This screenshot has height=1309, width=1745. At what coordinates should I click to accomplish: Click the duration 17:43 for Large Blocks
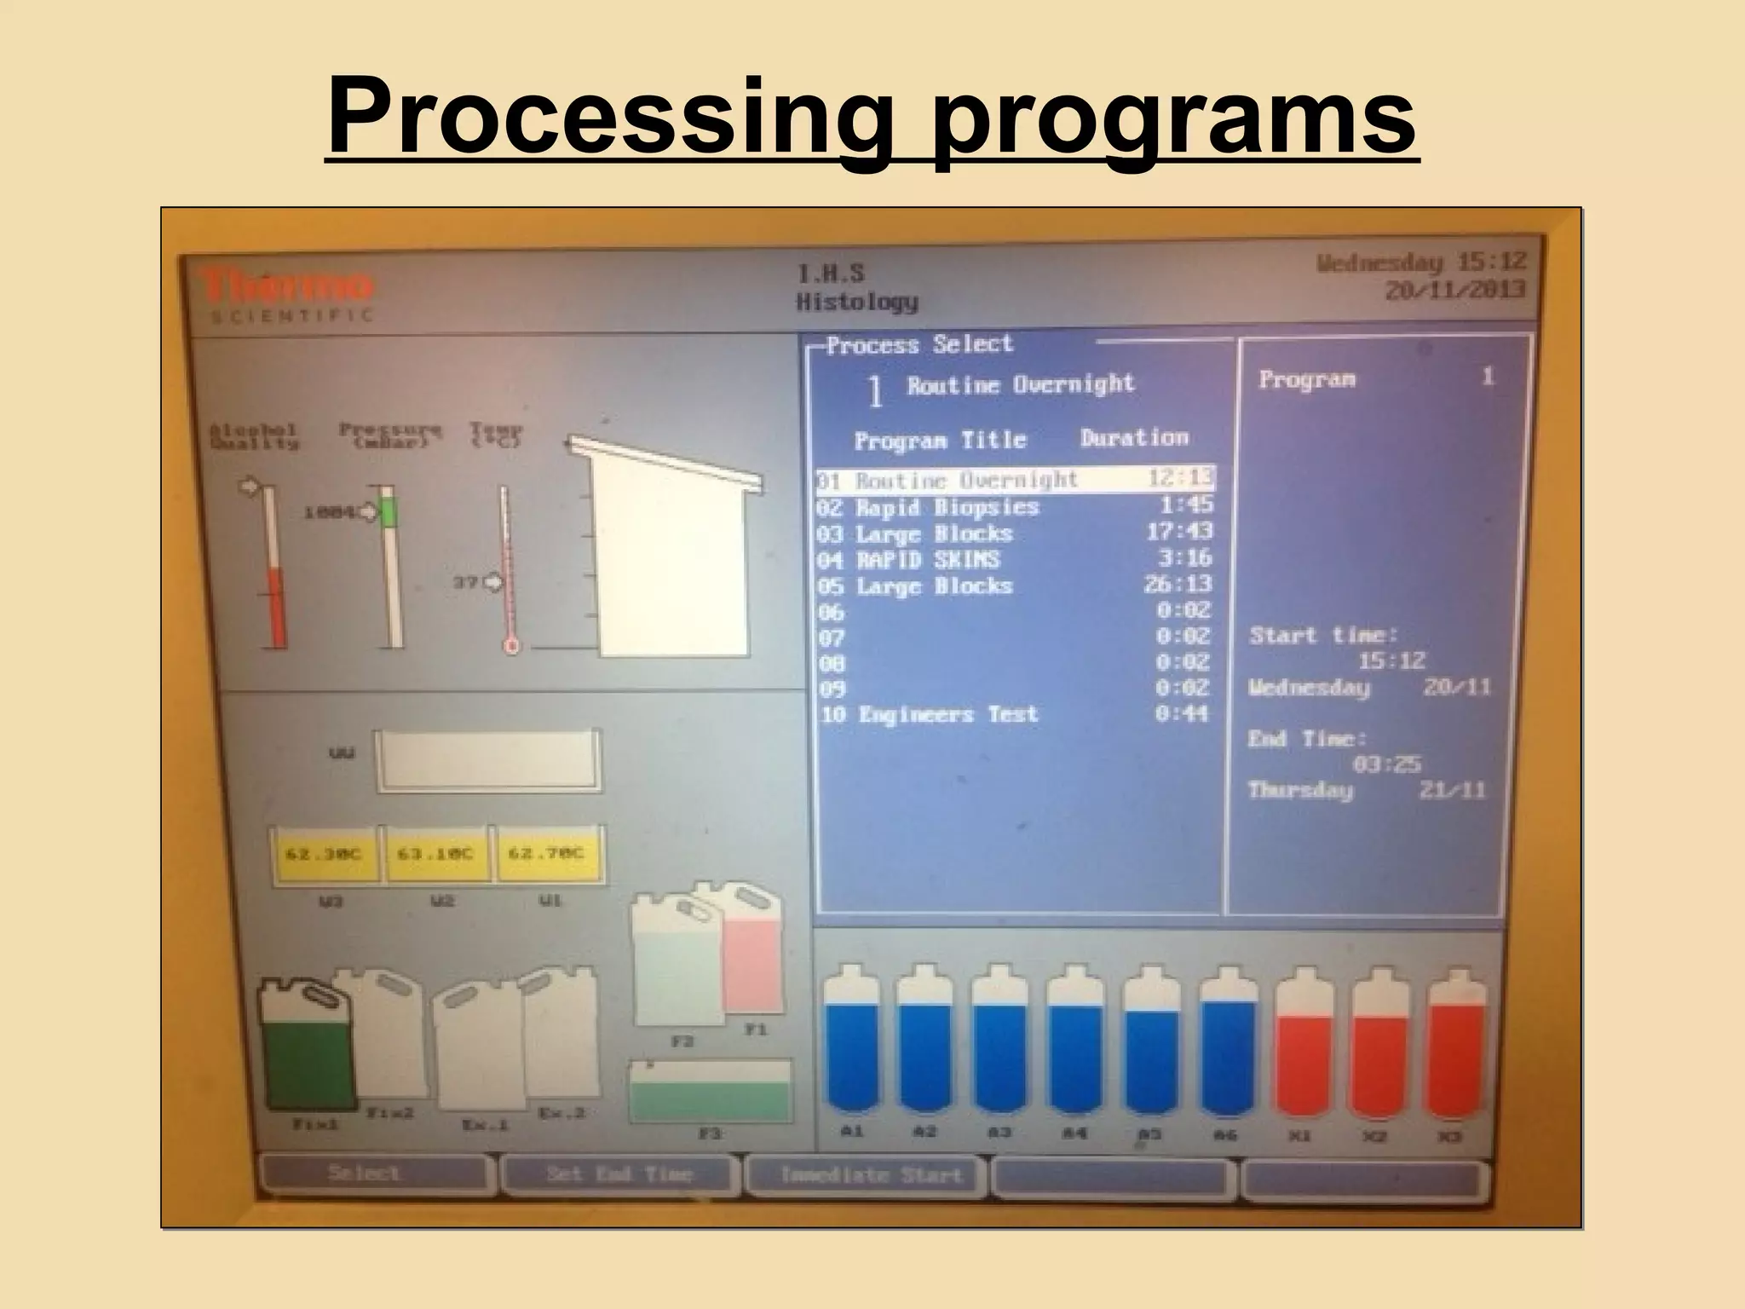(1179, 532)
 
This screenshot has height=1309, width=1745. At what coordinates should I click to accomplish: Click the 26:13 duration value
(1178, 585)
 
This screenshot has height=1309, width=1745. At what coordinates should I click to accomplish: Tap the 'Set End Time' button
(619, 1175)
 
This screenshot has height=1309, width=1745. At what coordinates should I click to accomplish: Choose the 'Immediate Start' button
(869, 1176)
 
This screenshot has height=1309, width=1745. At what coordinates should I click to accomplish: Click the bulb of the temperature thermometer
(512, 647)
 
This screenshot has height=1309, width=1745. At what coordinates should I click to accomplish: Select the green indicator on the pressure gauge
(389, 513)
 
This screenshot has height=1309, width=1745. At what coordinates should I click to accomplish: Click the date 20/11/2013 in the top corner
(1454, 290)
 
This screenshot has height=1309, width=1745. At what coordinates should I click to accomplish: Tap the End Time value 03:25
(1386, 764)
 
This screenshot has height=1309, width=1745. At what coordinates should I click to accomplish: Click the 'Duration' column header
(1134, 438)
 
